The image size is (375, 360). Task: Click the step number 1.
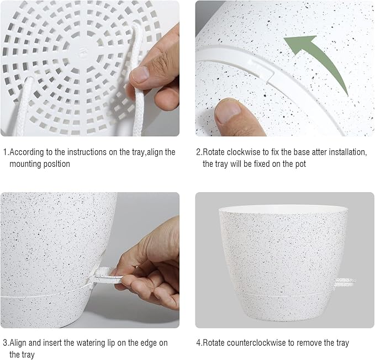[x=5, y=152]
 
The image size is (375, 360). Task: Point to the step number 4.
[x=198, y=343]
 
